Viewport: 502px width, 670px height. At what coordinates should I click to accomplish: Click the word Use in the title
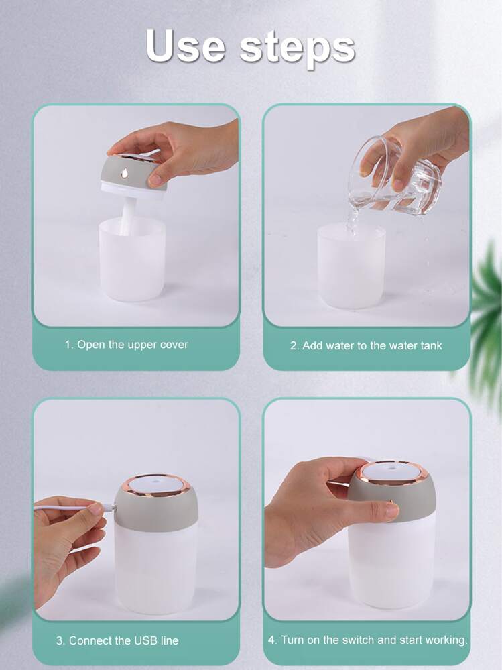click(x=185, y=46)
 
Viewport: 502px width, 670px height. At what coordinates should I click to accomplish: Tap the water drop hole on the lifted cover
click(x=124, y=173)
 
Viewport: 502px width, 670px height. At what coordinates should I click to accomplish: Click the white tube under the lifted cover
click(x=127, y=215)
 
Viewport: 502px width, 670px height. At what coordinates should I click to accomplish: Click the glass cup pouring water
click(x=394, y=177)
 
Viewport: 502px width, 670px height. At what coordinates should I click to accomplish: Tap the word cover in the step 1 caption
click(x=173, y=345)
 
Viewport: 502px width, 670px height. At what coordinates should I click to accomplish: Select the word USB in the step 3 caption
click(x=146, y=640)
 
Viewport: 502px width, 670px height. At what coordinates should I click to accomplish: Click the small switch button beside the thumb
click(x=390, y=501)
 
